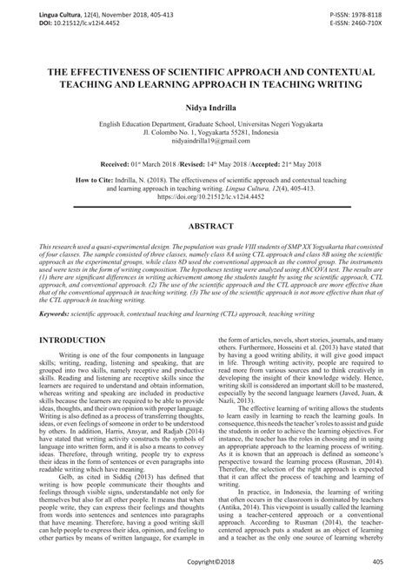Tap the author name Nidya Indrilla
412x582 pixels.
point(206,105)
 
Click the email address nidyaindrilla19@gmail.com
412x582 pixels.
point(206,150)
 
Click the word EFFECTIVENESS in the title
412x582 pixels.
point(129,69)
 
